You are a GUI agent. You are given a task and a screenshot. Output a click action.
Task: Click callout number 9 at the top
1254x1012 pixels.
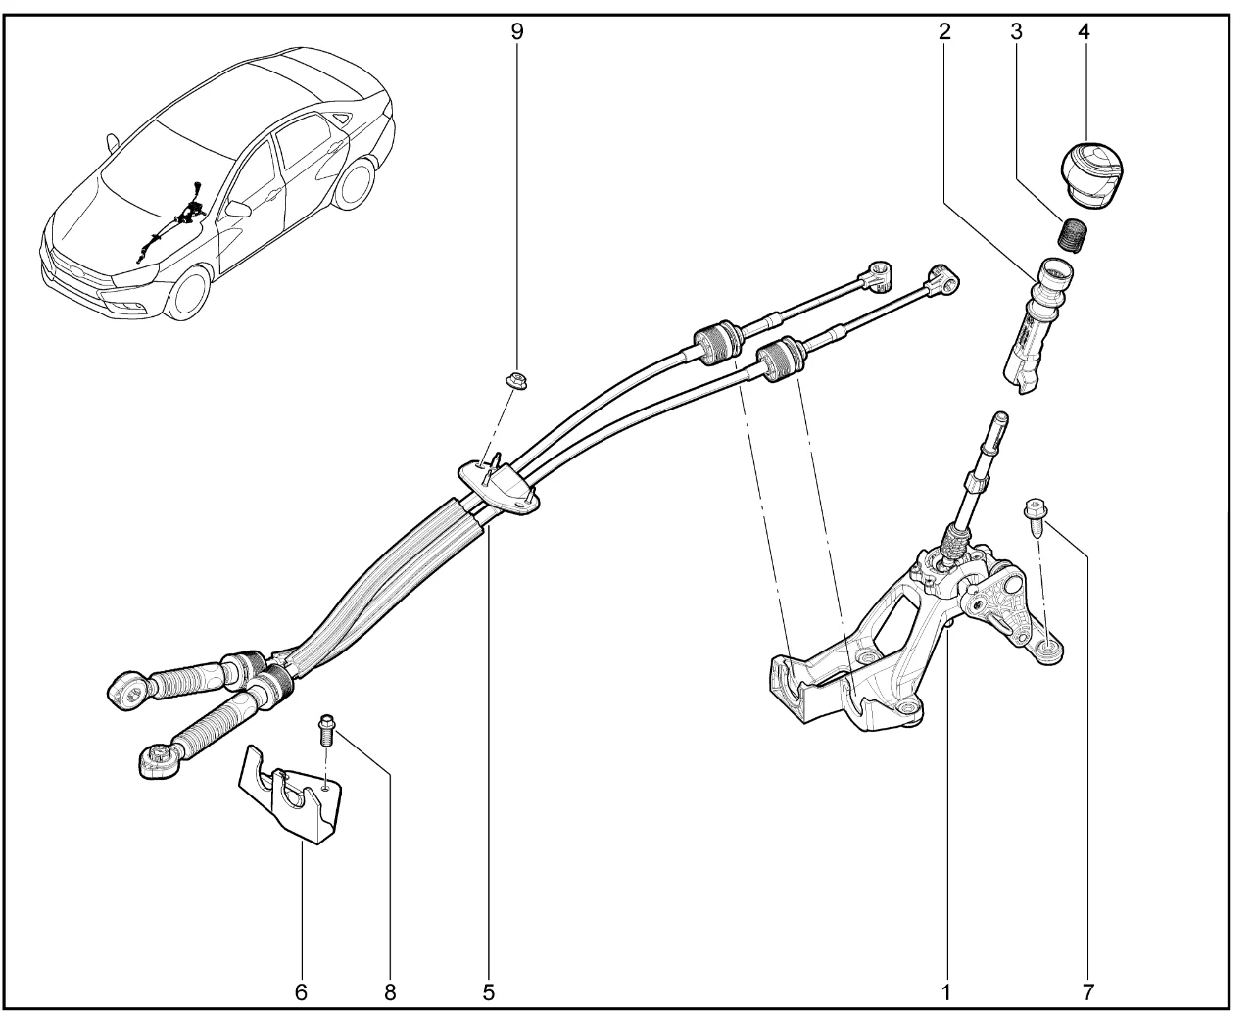(517, 30)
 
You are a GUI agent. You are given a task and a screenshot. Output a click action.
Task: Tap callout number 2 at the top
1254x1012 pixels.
(944, 30)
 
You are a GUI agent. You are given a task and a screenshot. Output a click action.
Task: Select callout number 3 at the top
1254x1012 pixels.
(1016, 30)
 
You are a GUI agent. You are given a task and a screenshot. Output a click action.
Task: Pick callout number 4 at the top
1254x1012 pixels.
(1084, 30)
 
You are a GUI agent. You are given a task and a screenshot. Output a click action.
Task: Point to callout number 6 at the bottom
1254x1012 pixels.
(301, 990)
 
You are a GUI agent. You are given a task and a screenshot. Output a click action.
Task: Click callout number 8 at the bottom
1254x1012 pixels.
(390, 990)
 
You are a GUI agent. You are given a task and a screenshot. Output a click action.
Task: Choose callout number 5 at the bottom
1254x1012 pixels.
(488, 990)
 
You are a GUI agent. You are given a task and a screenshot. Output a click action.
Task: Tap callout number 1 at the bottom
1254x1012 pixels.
(946, 990)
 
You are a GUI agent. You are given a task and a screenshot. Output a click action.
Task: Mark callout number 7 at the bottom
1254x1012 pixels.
(1087, 990)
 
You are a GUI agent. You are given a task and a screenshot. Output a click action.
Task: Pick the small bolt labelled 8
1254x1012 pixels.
(326, 730)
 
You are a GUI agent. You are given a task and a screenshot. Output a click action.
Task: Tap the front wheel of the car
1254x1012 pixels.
(193, 291)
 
